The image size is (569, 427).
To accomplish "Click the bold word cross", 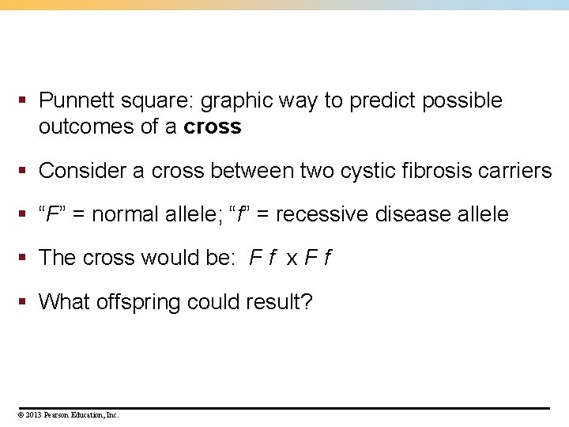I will point(212,127).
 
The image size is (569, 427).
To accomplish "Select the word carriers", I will point(514,170).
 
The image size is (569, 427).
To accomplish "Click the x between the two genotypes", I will point(292,259).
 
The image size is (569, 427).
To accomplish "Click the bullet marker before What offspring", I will point(25,301).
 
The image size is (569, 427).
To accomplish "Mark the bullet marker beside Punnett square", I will point(25,100).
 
